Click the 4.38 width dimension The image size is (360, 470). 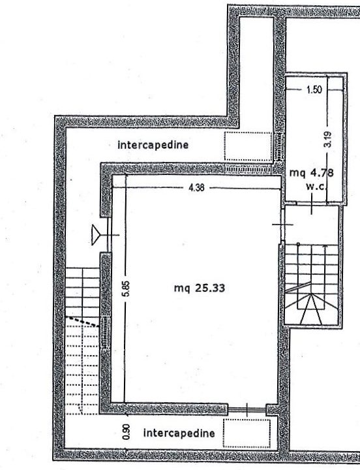196,188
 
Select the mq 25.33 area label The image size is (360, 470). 200,288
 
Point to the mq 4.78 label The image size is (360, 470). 312,172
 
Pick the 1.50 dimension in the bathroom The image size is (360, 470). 314,89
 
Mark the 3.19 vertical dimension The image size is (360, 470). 328,140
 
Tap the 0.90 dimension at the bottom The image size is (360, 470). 127,431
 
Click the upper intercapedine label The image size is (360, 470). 153,145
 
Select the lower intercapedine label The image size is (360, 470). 179,433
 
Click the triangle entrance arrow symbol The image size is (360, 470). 96,235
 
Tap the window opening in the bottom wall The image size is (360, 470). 247,409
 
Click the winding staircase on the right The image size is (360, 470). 312,285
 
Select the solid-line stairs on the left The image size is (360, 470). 82,292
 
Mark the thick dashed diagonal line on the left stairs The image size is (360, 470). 82,322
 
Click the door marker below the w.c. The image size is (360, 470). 312,204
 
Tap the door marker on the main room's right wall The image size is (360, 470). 282,224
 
